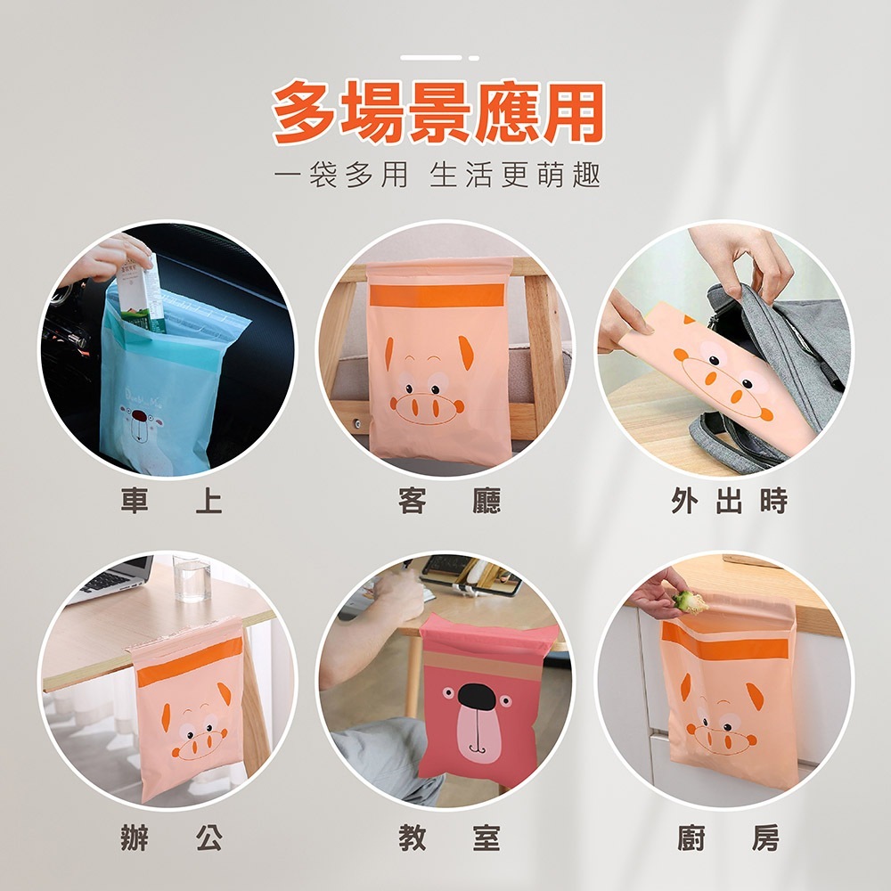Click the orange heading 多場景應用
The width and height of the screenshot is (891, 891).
pyautogui.click(x=437, y=112)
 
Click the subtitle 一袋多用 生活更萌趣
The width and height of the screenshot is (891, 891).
pyautogui.click(x=437, y=175)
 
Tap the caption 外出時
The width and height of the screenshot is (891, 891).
pyautogui.click(x=730, y=501)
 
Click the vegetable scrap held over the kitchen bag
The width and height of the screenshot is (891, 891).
pyautogui.click(x=690, y=601)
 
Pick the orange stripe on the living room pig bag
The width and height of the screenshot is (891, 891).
pyautogui.click(x=437, y=295)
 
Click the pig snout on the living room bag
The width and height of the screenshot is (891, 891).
pyautogui.click(x=426, y=409)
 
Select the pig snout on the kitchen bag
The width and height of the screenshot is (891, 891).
pyautogui.click(x=721, y=740)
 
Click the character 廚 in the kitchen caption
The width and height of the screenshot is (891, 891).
pyautogui.click(x=691, y=838)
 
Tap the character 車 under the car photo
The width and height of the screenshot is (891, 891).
pyautogui.click(x=135, y=501)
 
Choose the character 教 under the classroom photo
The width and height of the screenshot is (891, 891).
pyautogui.click(x=412, y=838)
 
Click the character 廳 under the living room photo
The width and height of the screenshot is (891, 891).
pyautogui.click(x=487, y=501)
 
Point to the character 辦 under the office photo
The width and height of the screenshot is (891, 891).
pyautogui.click(x=135, y=838)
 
